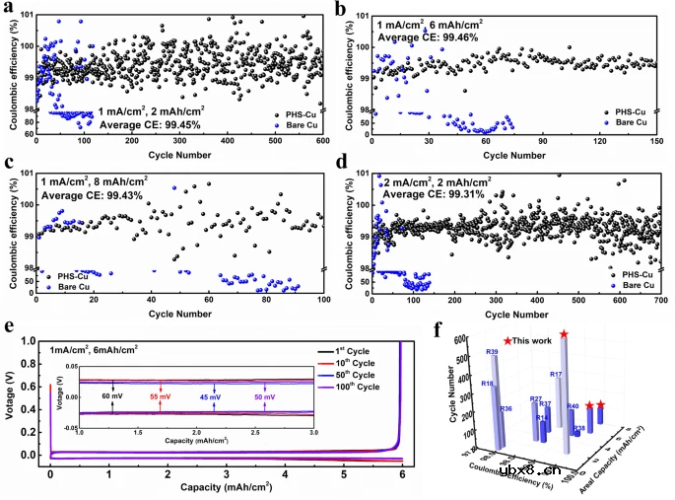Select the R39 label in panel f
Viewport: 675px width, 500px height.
tap(491, 351)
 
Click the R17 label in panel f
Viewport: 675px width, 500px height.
tap(556, 375)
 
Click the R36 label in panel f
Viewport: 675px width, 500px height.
tap(506, 408)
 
